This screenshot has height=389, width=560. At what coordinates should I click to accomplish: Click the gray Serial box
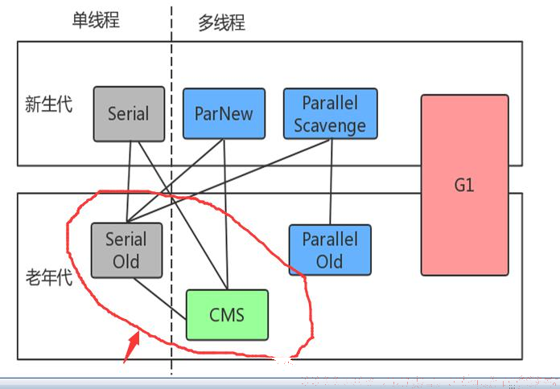coord(129,114)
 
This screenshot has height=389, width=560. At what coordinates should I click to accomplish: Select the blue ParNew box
coord(224,113)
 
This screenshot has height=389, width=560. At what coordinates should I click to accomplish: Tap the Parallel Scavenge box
coord(331,113)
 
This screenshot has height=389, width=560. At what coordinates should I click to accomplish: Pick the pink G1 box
coord(464,185)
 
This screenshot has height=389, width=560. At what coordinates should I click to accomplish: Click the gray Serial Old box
coord(127,250)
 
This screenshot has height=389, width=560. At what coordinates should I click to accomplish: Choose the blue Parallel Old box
coord(330,250)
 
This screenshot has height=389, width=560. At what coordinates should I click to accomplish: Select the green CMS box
coord(227,315)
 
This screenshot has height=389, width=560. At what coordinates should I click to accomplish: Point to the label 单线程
coord(96,19)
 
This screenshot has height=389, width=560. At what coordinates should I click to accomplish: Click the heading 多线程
coord(222,23)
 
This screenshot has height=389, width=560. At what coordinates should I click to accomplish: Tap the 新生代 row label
coord(48,104)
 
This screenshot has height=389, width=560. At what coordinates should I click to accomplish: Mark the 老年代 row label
coord(49,277)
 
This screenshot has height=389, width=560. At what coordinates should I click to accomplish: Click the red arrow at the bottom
coord(132,347)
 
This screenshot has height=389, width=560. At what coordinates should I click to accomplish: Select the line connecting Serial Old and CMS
coord(160,299)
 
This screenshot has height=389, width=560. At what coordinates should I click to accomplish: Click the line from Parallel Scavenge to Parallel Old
coord(331,182)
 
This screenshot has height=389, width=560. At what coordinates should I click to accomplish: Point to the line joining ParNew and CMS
coord(225,214)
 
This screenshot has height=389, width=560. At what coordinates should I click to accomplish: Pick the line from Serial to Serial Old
coord(129,182)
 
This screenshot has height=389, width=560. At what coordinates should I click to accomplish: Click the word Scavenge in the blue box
coord(330,125)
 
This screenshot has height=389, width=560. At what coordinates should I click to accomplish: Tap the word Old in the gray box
coord(126,261)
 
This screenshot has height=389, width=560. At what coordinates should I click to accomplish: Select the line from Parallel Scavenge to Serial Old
coord(229,181)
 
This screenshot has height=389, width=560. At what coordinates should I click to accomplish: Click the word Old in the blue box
coord(329,261)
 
